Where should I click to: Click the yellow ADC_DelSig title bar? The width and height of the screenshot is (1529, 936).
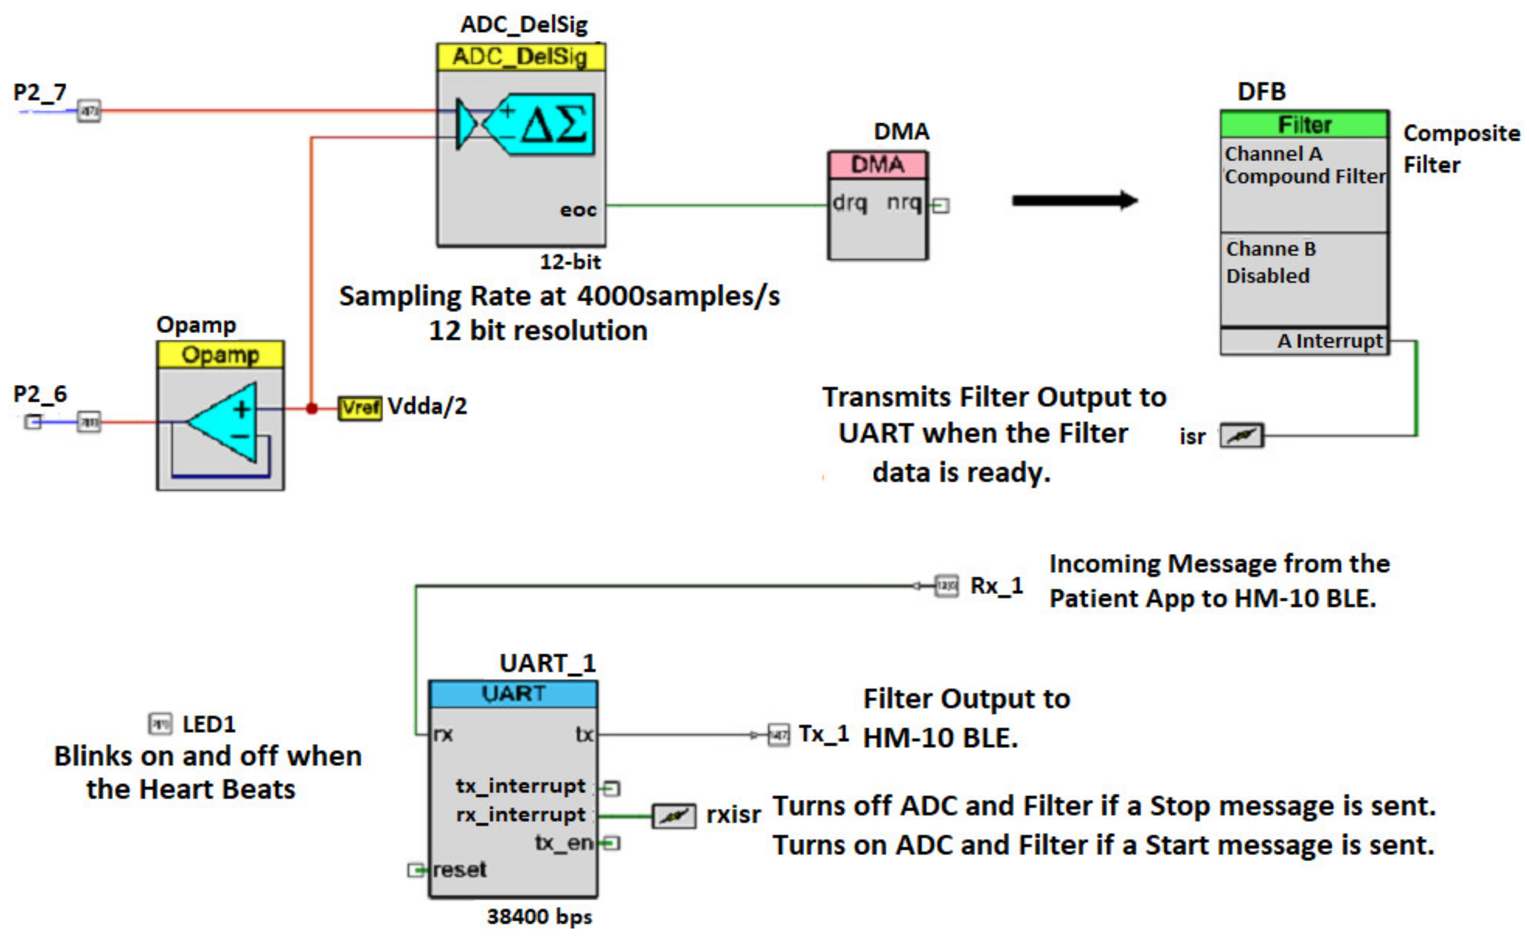(x=520, y=57)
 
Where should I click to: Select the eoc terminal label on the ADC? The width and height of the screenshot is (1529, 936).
(x=577, y=210)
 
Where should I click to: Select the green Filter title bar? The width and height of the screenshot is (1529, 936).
(x=1304, y=125)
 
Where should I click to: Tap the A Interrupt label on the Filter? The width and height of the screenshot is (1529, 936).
(x=1329, y=341)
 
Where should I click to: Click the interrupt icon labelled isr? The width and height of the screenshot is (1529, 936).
(x=1241, y=435)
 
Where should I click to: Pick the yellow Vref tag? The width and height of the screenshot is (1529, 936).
(x=360, y=407)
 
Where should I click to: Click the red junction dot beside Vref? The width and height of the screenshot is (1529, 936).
(x=312, y=408)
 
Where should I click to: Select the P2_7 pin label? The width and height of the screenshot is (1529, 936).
(x=40, y=93)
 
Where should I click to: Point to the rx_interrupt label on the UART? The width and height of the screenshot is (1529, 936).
(x=520, y=814)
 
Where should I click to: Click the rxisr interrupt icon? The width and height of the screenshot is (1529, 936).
(x=673, y=816)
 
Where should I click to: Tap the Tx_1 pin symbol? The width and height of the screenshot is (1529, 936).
(x=779, y=735)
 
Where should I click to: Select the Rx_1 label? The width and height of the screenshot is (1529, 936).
(x=996, y=585)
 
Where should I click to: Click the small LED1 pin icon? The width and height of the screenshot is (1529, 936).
(x=160, y=724)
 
